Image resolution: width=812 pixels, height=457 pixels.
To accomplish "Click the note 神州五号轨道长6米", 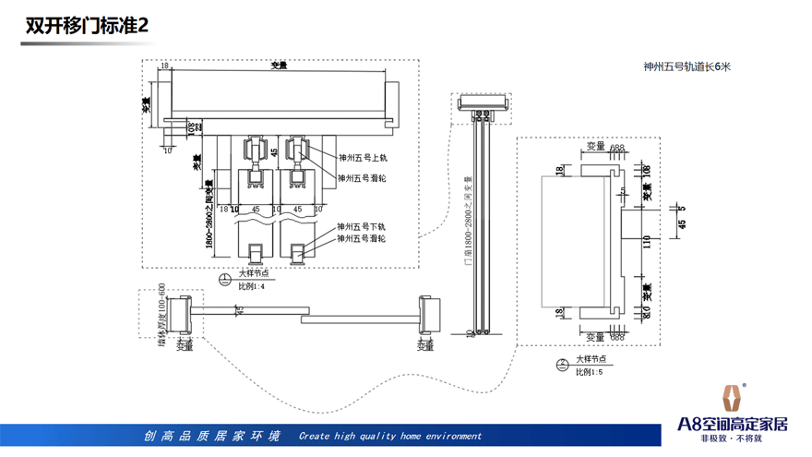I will click(687, 67).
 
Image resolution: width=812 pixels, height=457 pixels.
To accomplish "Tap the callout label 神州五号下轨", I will click(362, 226).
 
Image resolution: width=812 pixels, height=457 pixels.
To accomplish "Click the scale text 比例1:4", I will click(252, 287).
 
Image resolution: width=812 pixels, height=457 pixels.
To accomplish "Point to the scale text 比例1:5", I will click(589, 372).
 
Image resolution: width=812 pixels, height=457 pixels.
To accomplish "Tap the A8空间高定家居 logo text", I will click(733, 425).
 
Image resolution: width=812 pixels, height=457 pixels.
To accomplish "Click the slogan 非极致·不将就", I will click(733, 439).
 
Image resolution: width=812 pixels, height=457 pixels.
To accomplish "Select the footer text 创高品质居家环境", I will click(211, 436).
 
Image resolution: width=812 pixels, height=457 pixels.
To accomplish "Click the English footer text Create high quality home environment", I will click(390, 436).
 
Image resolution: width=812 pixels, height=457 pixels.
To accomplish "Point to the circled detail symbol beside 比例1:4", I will click(223, 280).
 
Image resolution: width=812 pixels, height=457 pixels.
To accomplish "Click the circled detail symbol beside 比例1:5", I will click(562, 365).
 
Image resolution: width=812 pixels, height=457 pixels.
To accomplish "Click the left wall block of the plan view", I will click(182, 314).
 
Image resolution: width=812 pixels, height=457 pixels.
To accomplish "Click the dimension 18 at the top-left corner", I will click(164, 66).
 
